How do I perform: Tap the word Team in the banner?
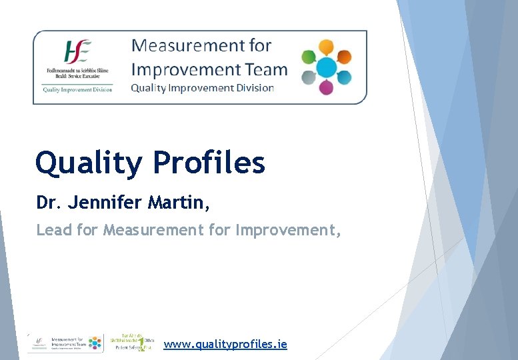(x=270, y=69)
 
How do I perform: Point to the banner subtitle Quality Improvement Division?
(x=202, y=88)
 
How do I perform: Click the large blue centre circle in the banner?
(x=326, y=67)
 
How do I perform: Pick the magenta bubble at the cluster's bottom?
(x=326, y=88)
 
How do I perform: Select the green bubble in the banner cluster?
(x=309, y=57)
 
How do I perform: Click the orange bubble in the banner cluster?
(x=344, y=57)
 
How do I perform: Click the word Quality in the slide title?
(x=88, y=163)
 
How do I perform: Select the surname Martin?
(x=181, y=203)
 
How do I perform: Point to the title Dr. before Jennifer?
(x=47, y=203)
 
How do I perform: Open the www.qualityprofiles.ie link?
(x=225, y=344)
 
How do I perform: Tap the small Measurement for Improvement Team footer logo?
(x=65, y=343)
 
